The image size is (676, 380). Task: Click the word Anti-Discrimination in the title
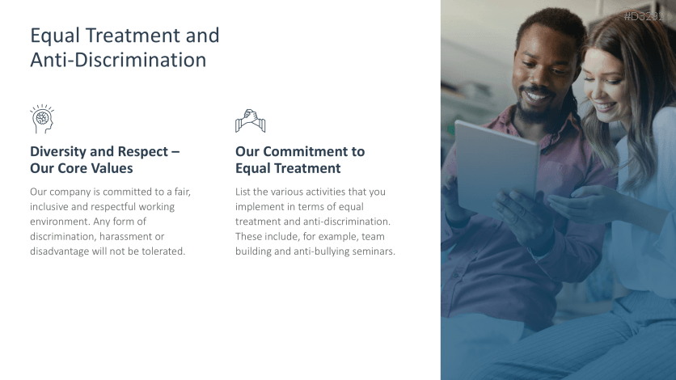[x=118, y=60]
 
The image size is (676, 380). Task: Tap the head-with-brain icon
[x=42, y=119]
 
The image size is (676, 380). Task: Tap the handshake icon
[x=250, y=120]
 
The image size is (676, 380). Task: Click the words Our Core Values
[x=81, y=168]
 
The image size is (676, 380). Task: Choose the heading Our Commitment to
[x=299, y=151]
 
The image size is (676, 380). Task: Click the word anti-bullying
[x=319, y=251]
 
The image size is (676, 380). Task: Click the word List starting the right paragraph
[x=243, y=192]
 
